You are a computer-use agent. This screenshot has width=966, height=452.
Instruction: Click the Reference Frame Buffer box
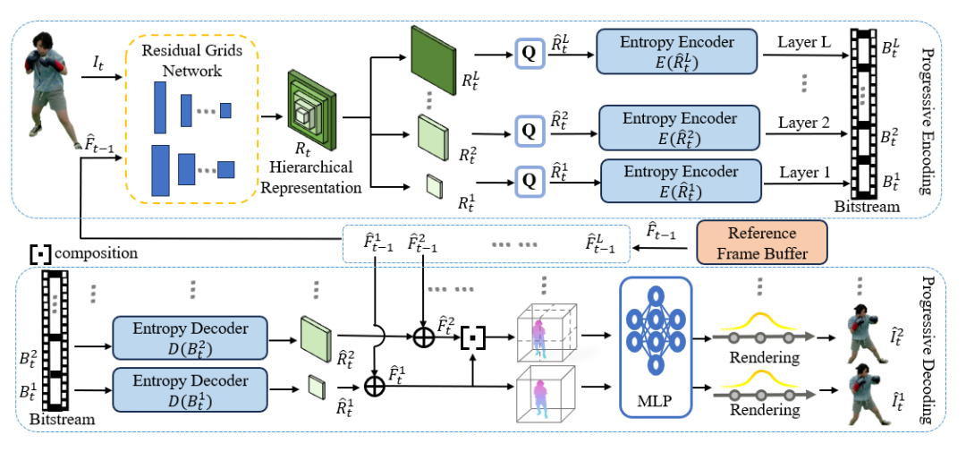[x=761, y=243]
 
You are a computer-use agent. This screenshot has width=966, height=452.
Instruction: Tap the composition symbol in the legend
[x=40, y=253]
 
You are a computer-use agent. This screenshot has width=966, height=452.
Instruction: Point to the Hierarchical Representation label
[x=310, y=177]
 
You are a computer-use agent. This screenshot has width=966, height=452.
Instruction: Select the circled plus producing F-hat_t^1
[x=375, y=387]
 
